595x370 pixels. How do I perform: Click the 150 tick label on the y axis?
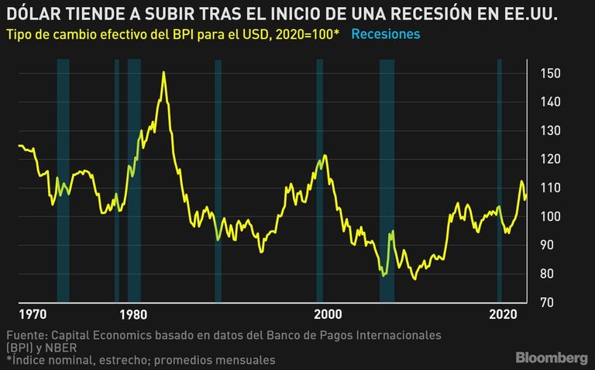550,74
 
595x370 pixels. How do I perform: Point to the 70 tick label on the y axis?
546,303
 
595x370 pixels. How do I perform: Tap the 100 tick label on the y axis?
550,216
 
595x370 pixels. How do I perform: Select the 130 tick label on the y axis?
550,130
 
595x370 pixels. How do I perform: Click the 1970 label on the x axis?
33,314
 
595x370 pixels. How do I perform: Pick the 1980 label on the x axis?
132,314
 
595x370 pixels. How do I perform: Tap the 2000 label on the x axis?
328,314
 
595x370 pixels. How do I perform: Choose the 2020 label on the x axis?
503,314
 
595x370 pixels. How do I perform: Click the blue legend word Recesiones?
386,34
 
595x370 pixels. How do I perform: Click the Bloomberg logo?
552,358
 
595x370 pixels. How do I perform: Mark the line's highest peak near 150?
163,72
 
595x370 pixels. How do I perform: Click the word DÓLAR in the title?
33,14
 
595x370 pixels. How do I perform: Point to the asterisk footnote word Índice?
29,359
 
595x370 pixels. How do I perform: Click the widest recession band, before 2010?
387,181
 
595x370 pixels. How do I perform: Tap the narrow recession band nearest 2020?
500,181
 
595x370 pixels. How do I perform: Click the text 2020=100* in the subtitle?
308,34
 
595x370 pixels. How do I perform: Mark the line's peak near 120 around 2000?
325,155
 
